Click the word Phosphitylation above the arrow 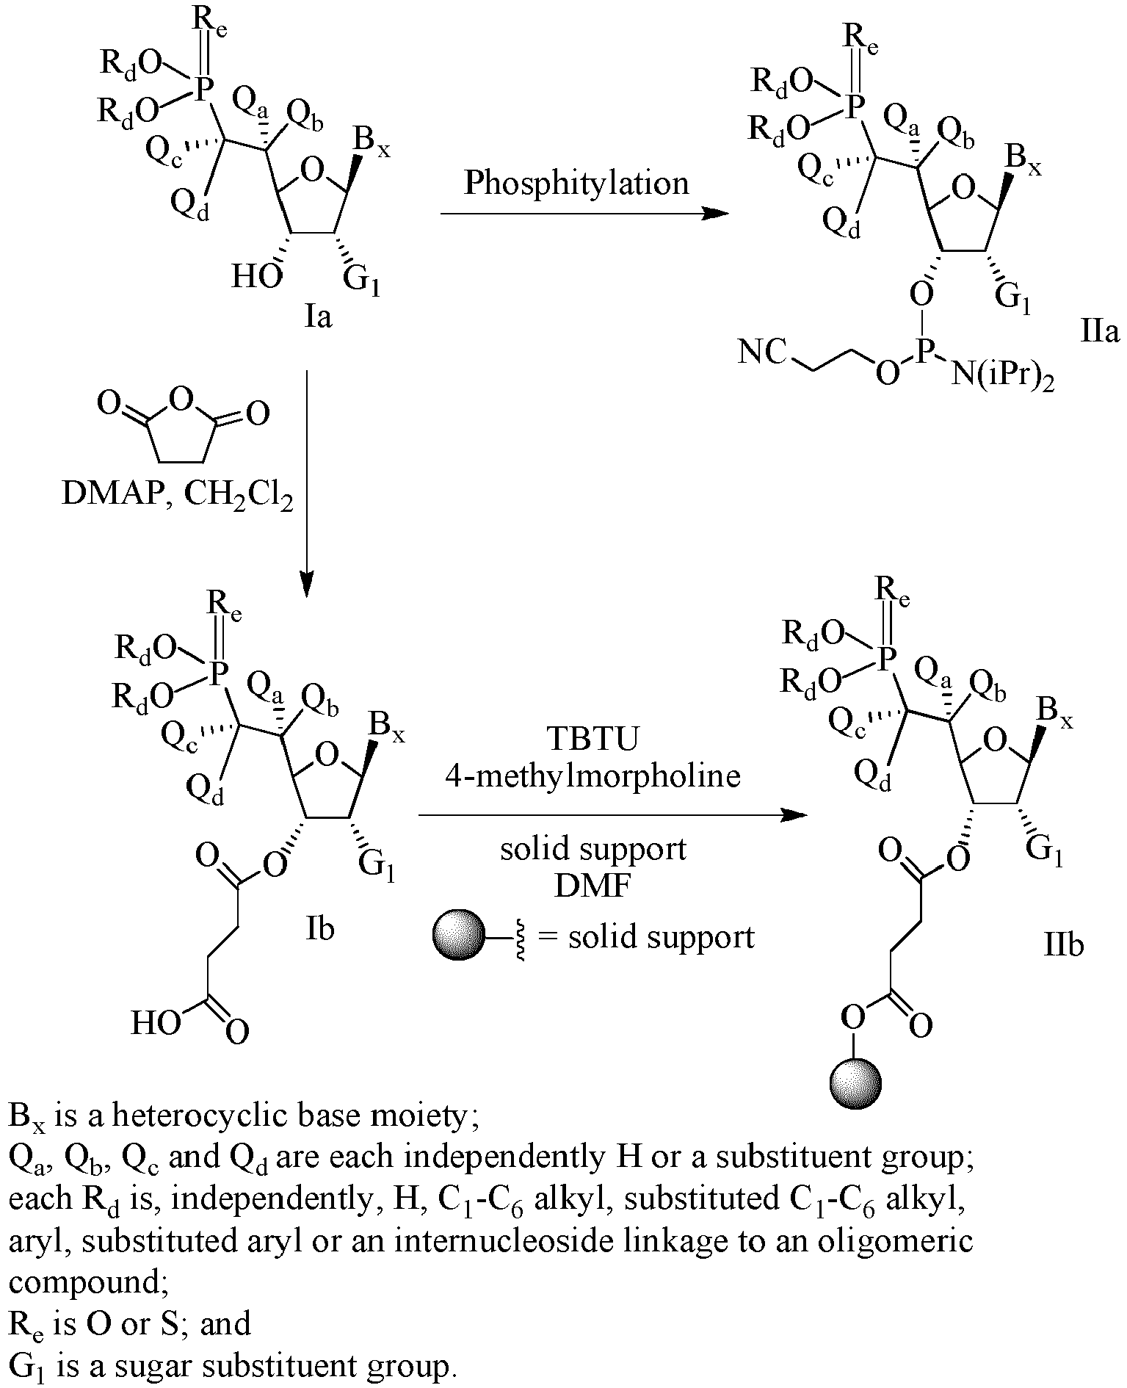tap(576, 183)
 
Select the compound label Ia tap(318, 317)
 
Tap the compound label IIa tap(1100, 333)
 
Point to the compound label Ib tap(319, 928)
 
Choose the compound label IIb tap(1064, 946)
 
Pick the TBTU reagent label tap(594, 740)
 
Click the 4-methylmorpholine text tap(593, 776)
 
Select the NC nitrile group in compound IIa tap(763, 353)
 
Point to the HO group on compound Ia tap(257, 277)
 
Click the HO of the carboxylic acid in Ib tap(156, 1022)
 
